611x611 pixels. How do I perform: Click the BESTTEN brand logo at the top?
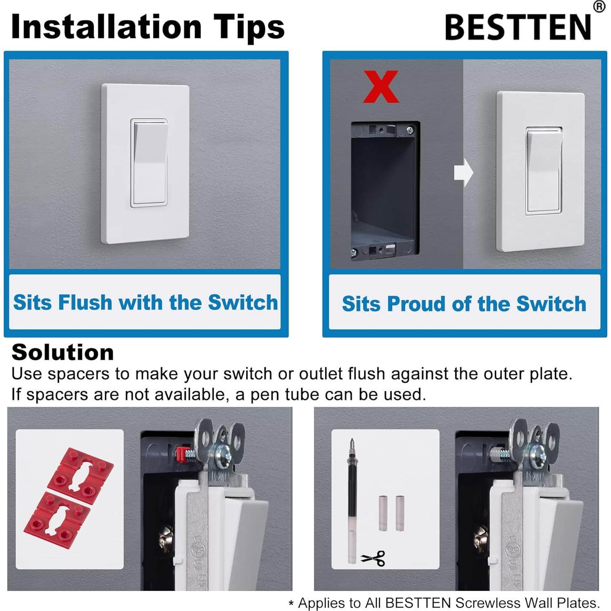(518, 27)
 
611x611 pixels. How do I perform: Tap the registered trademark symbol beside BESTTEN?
(599, 7)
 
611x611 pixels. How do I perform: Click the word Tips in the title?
(249, 27)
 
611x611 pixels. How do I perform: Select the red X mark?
(380, 87)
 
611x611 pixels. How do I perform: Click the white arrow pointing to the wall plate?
(463, 173)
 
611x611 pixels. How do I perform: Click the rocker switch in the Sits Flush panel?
(149, 163)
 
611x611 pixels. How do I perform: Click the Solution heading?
(62, 352)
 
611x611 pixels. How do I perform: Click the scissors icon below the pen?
(373, 558)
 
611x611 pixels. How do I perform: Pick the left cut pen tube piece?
(382, 513)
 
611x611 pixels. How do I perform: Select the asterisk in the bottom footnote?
(291, 603)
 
